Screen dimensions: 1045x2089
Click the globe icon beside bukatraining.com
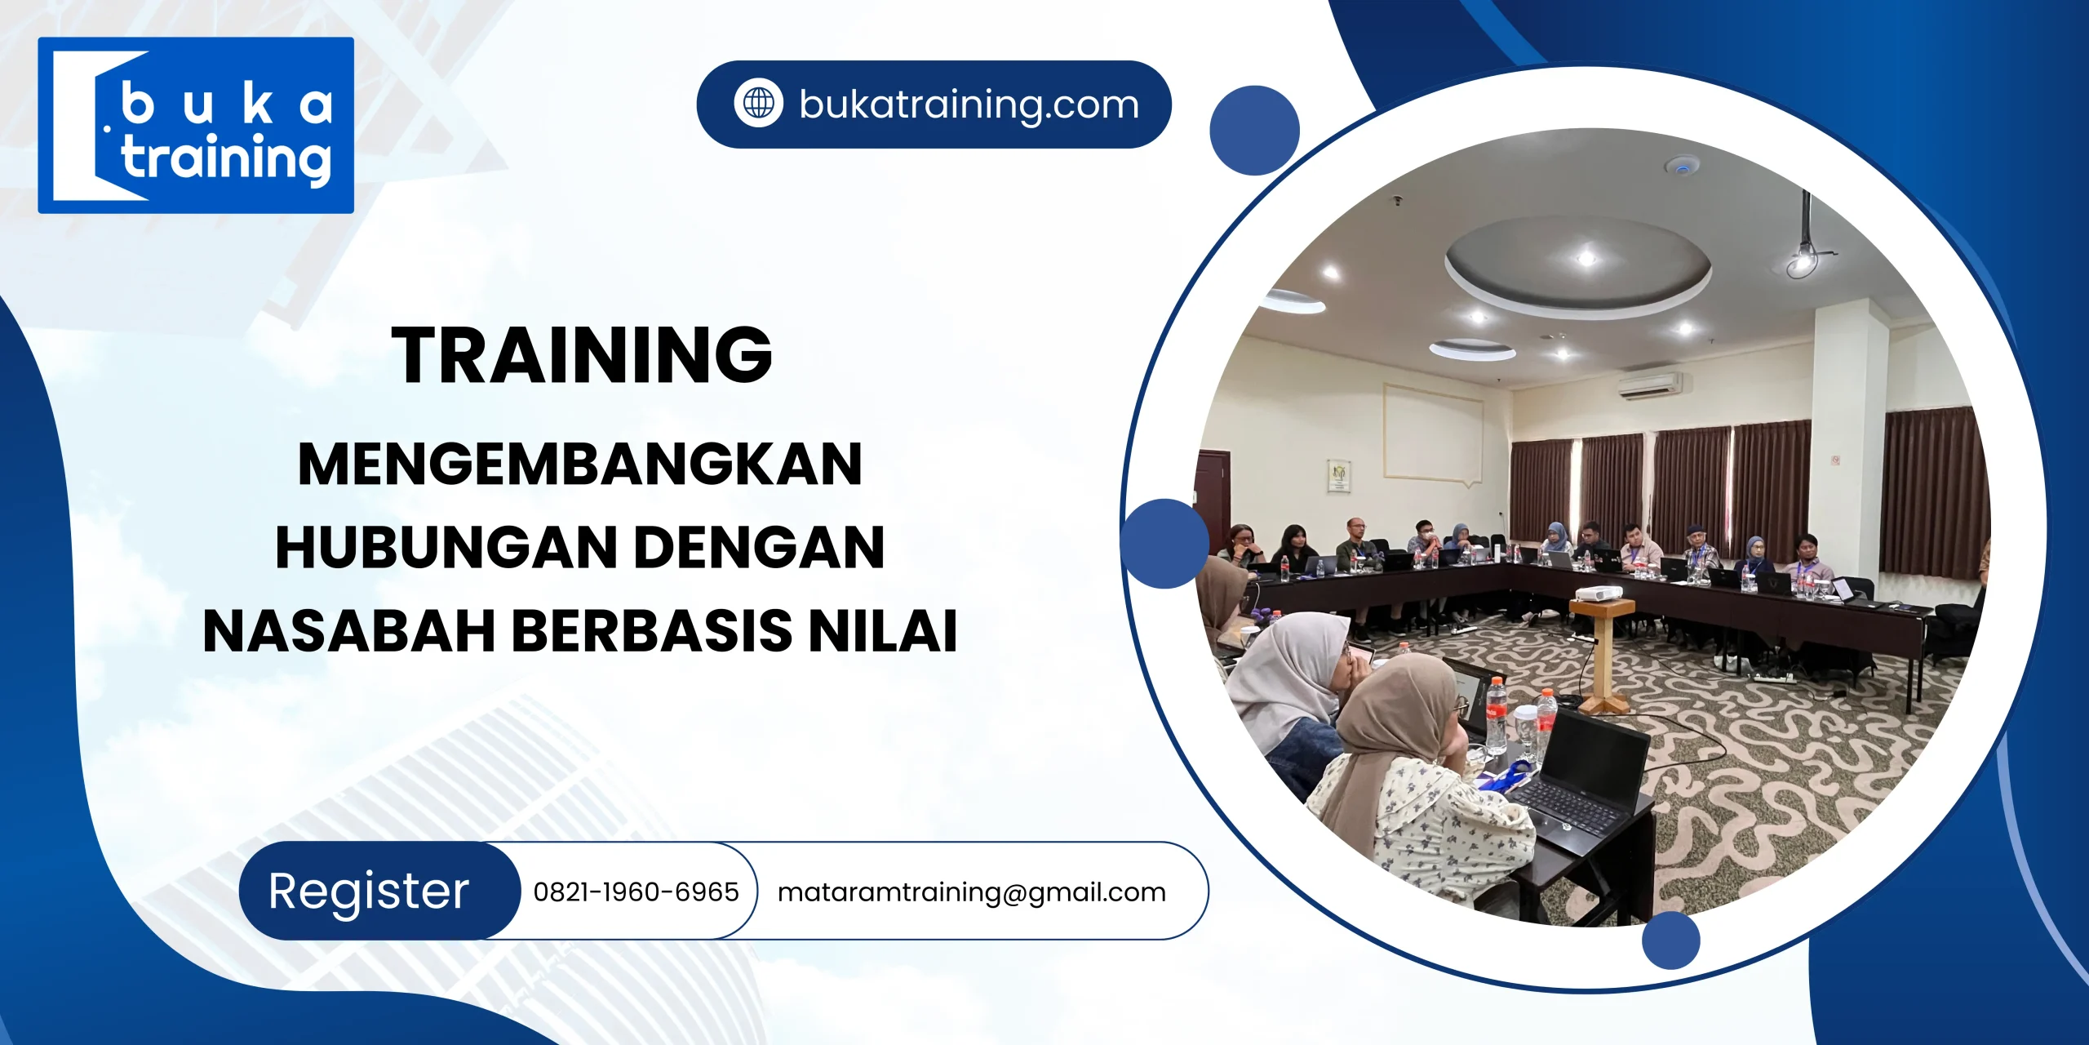[x=758, y=104]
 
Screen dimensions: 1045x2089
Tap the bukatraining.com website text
[x=969, y=104]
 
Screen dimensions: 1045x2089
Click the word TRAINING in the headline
[x=582, y=354]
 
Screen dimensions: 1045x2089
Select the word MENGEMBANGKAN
[x=579, y=464]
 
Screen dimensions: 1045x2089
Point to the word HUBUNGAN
[x=445, y=547]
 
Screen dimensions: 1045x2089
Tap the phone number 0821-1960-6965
[x=636, y=892]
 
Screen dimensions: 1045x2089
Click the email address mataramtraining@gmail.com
[x=971, y=892]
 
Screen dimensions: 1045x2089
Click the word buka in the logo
[x=226, y=104]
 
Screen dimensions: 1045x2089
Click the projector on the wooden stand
[x=1598, y=594]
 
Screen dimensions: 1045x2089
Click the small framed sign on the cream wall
[x=1339, y=476]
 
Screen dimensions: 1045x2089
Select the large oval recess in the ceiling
[x=1577, y=261]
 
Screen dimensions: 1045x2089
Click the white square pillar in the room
[x=1848, y=441]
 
